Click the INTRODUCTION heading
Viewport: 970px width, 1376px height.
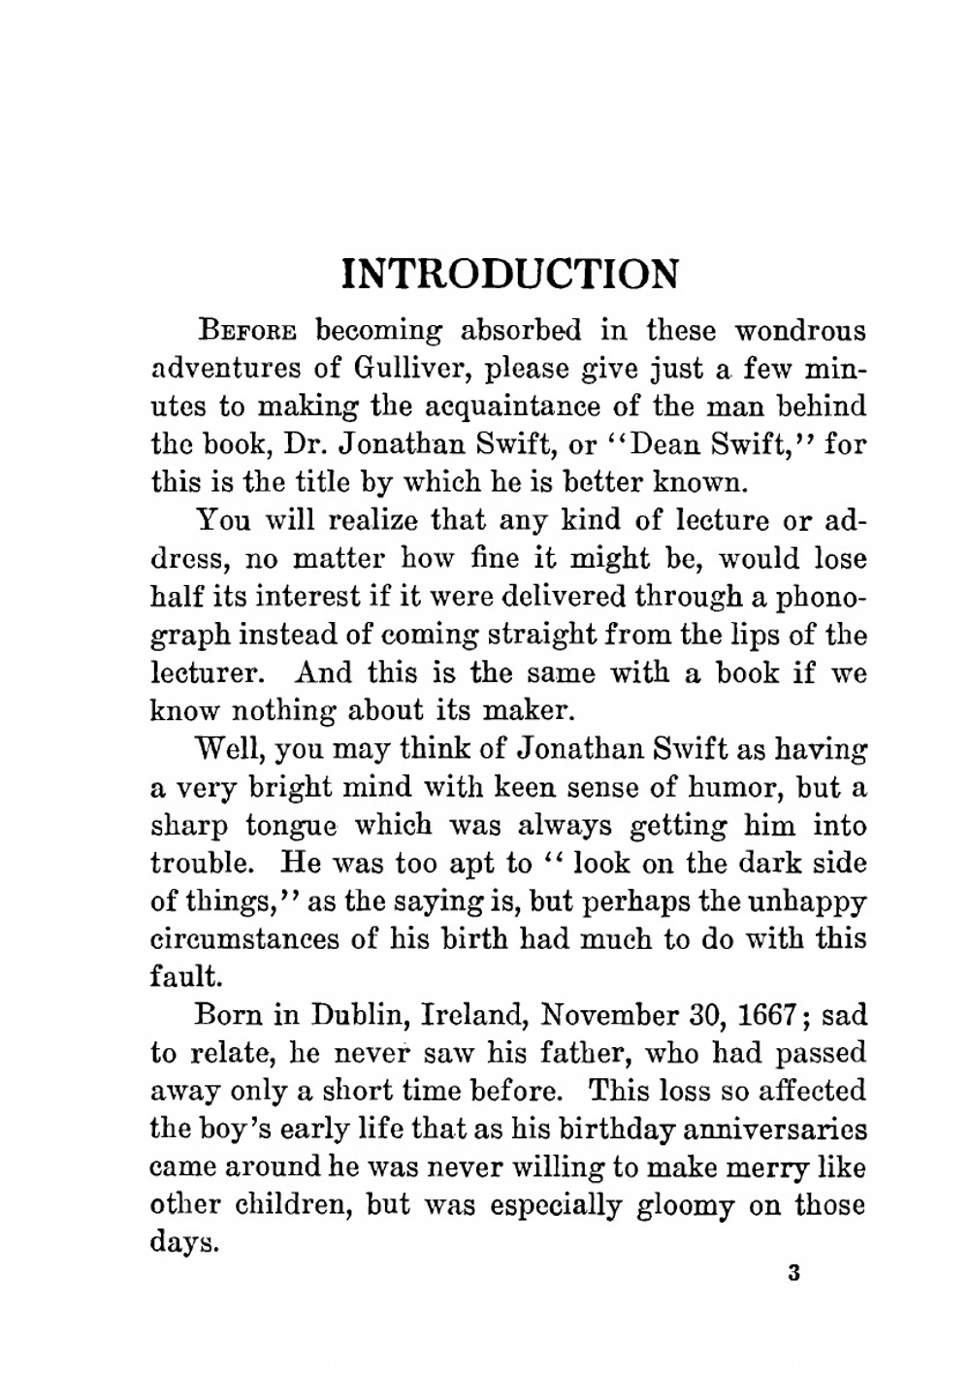point(510,275)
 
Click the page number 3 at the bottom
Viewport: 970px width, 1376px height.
point(793,1274)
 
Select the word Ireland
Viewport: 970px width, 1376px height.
point(474,1016)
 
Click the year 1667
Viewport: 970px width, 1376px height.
point(767,1016)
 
